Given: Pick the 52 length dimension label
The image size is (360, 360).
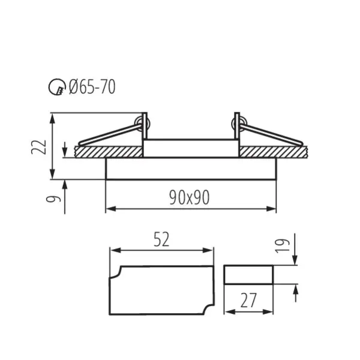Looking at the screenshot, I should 161,240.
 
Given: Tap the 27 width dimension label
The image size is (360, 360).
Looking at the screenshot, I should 248,300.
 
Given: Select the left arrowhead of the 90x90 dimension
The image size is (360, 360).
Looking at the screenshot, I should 109,209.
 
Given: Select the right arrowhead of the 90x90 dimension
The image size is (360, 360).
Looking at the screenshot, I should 273,209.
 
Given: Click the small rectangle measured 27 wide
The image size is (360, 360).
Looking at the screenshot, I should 248,275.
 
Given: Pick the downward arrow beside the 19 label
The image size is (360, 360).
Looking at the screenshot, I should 295,260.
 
